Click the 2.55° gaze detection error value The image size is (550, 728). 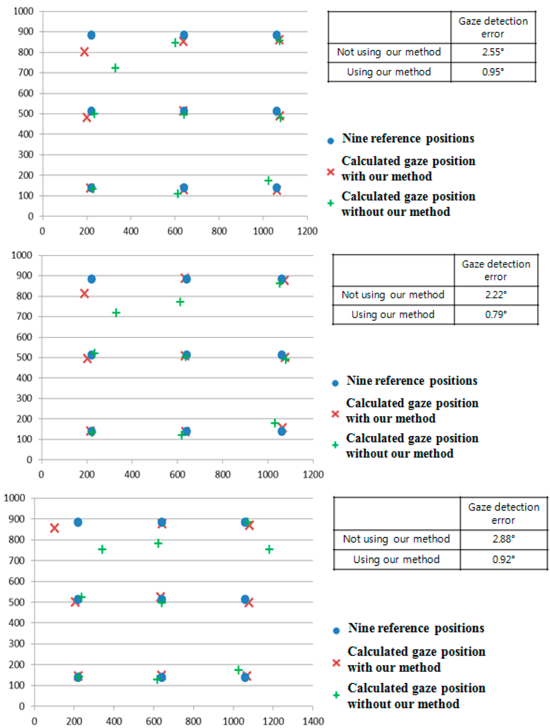tap(493, 52)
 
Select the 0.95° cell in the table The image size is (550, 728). tap(493, 72)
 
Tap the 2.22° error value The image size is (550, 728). tap(495, 295)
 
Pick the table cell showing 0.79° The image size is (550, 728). tap(495, 315)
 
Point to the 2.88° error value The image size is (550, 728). tap(503, 539)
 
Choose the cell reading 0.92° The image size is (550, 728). tap(503, 559)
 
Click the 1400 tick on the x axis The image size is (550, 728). tap(313, 721)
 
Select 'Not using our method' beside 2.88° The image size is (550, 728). tap(396, 539)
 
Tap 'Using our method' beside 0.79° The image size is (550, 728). tap(393, 315)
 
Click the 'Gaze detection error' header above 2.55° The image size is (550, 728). tap(493, 27)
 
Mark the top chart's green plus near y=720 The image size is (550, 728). tap(115, 68)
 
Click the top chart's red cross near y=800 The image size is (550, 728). tap(84, 52)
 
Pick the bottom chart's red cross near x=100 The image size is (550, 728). tap(54, 528)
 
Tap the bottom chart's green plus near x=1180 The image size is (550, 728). tap(269, 549)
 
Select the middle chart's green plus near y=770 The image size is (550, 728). tap(180, 302)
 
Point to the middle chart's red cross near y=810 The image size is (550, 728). tap(84, 294)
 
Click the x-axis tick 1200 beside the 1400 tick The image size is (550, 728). tap(273, 721)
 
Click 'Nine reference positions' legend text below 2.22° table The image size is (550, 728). tap(411, 381)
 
